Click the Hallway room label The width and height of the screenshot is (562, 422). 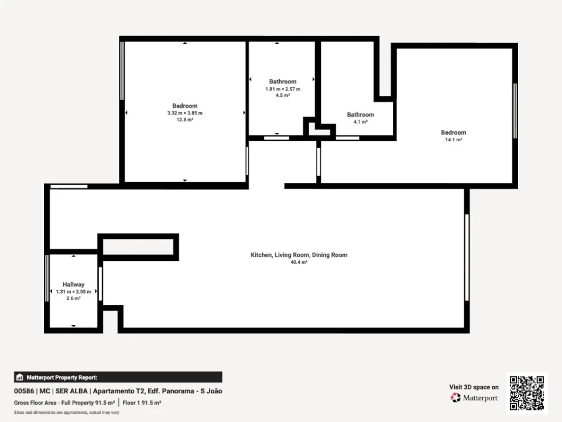[x=74, y=284]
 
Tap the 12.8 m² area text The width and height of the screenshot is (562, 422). [x=185, y=119]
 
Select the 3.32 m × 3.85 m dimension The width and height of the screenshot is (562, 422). [x=185, y=113]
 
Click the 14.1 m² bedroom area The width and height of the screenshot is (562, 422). [x=454, y=139]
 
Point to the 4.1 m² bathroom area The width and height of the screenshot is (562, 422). [x=361, y=122]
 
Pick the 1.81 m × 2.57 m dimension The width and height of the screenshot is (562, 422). [x=283, y=89]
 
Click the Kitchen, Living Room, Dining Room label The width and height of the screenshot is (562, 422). [x=299, y=255]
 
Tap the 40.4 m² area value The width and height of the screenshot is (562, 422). [x=299, y=262]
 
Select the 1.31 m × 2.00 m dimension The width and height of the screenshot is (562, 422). [x=74, y=291]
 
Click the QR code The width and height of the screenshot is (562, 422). [x=527, y=393]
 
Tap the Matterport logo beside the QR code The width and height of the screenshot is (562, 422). [x=475, y=398]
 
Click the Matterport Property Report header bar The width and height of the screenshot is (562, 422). [x=118, y=377]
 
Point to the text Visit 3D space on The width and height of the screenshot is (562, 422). [x=474, y=387]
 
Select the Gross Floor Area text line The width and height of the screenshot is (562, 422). [x=88, y=403]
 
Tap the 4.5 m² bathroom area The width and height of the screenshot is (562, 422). [x=283, y=95]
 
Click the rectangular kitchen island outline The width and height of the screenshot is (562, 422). [x=138, y=247]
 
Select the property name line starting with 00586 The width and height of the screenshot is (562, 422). [x=118, y=391]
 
